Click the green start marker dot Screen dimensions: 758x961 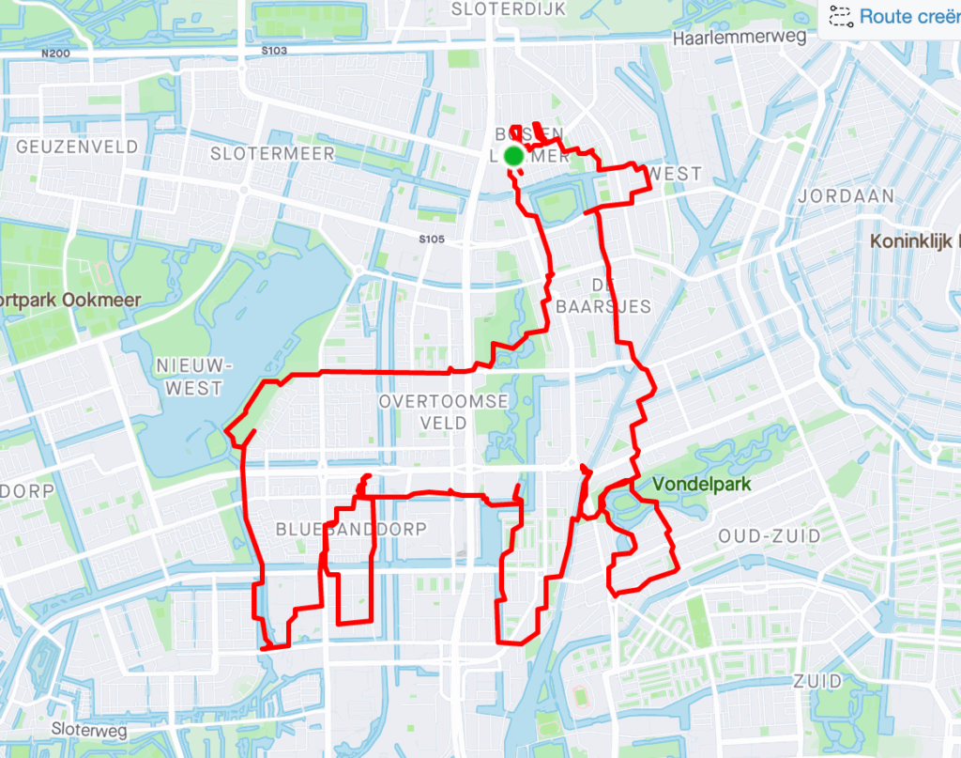(x=513, y=155)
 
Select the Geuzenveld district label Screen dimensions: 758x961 (x=77, y=147)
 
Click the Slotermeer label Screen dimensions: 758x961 (x=272, y=153)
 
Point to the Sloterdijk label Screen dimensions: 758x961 (x=497, y=9)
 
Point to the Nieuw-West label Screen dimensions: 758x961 (x=189, y=376)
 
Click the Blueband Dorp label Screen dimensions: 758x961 (x=351, y=530)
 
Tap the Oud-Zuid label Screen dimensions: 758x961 (x=769, y=535)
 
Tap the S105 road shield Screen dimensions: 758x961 (x=431, y=240)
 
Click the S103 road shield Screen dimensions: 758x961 (x=274, y=50)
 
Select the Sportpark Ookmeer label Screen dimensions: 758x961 (x=68, y=300)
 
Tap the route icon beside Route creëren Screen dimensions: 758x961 (x=840, y=16)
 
